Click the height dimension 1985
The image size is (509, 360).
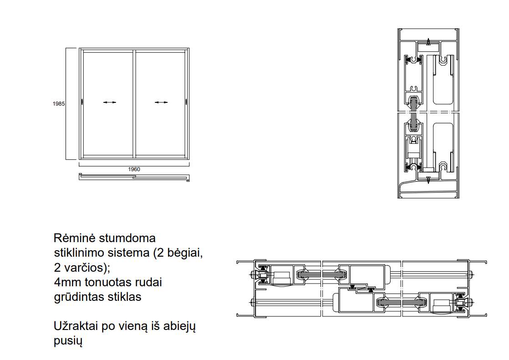(x=59, y=104)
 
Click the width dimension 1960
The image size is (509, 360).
(x=134, y=169)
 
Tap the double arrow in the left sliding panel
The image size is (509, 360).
(x=110, y=102)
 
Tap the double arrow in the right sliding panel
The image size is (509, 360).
(x=161, y=102)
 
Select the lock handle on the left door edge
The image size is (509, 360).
(x=82, y=102)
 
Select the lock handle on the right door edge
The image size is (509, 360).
(x=186, y=102)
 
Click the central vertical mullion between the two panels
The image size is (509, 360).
(x=134, y=104)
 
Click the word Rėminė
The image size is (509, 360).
(x=74, y=238)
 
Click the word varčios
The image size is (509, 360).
(x=86, y=268)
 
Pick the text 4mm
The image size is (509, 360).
(x=67, y=282)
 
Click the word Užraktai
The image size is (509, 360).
(x=76, y=326)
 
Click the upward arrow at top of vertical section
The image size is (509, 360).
(x=428, y=42)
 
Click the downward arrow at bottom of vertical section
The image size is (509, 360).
(x=428, y=180)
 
